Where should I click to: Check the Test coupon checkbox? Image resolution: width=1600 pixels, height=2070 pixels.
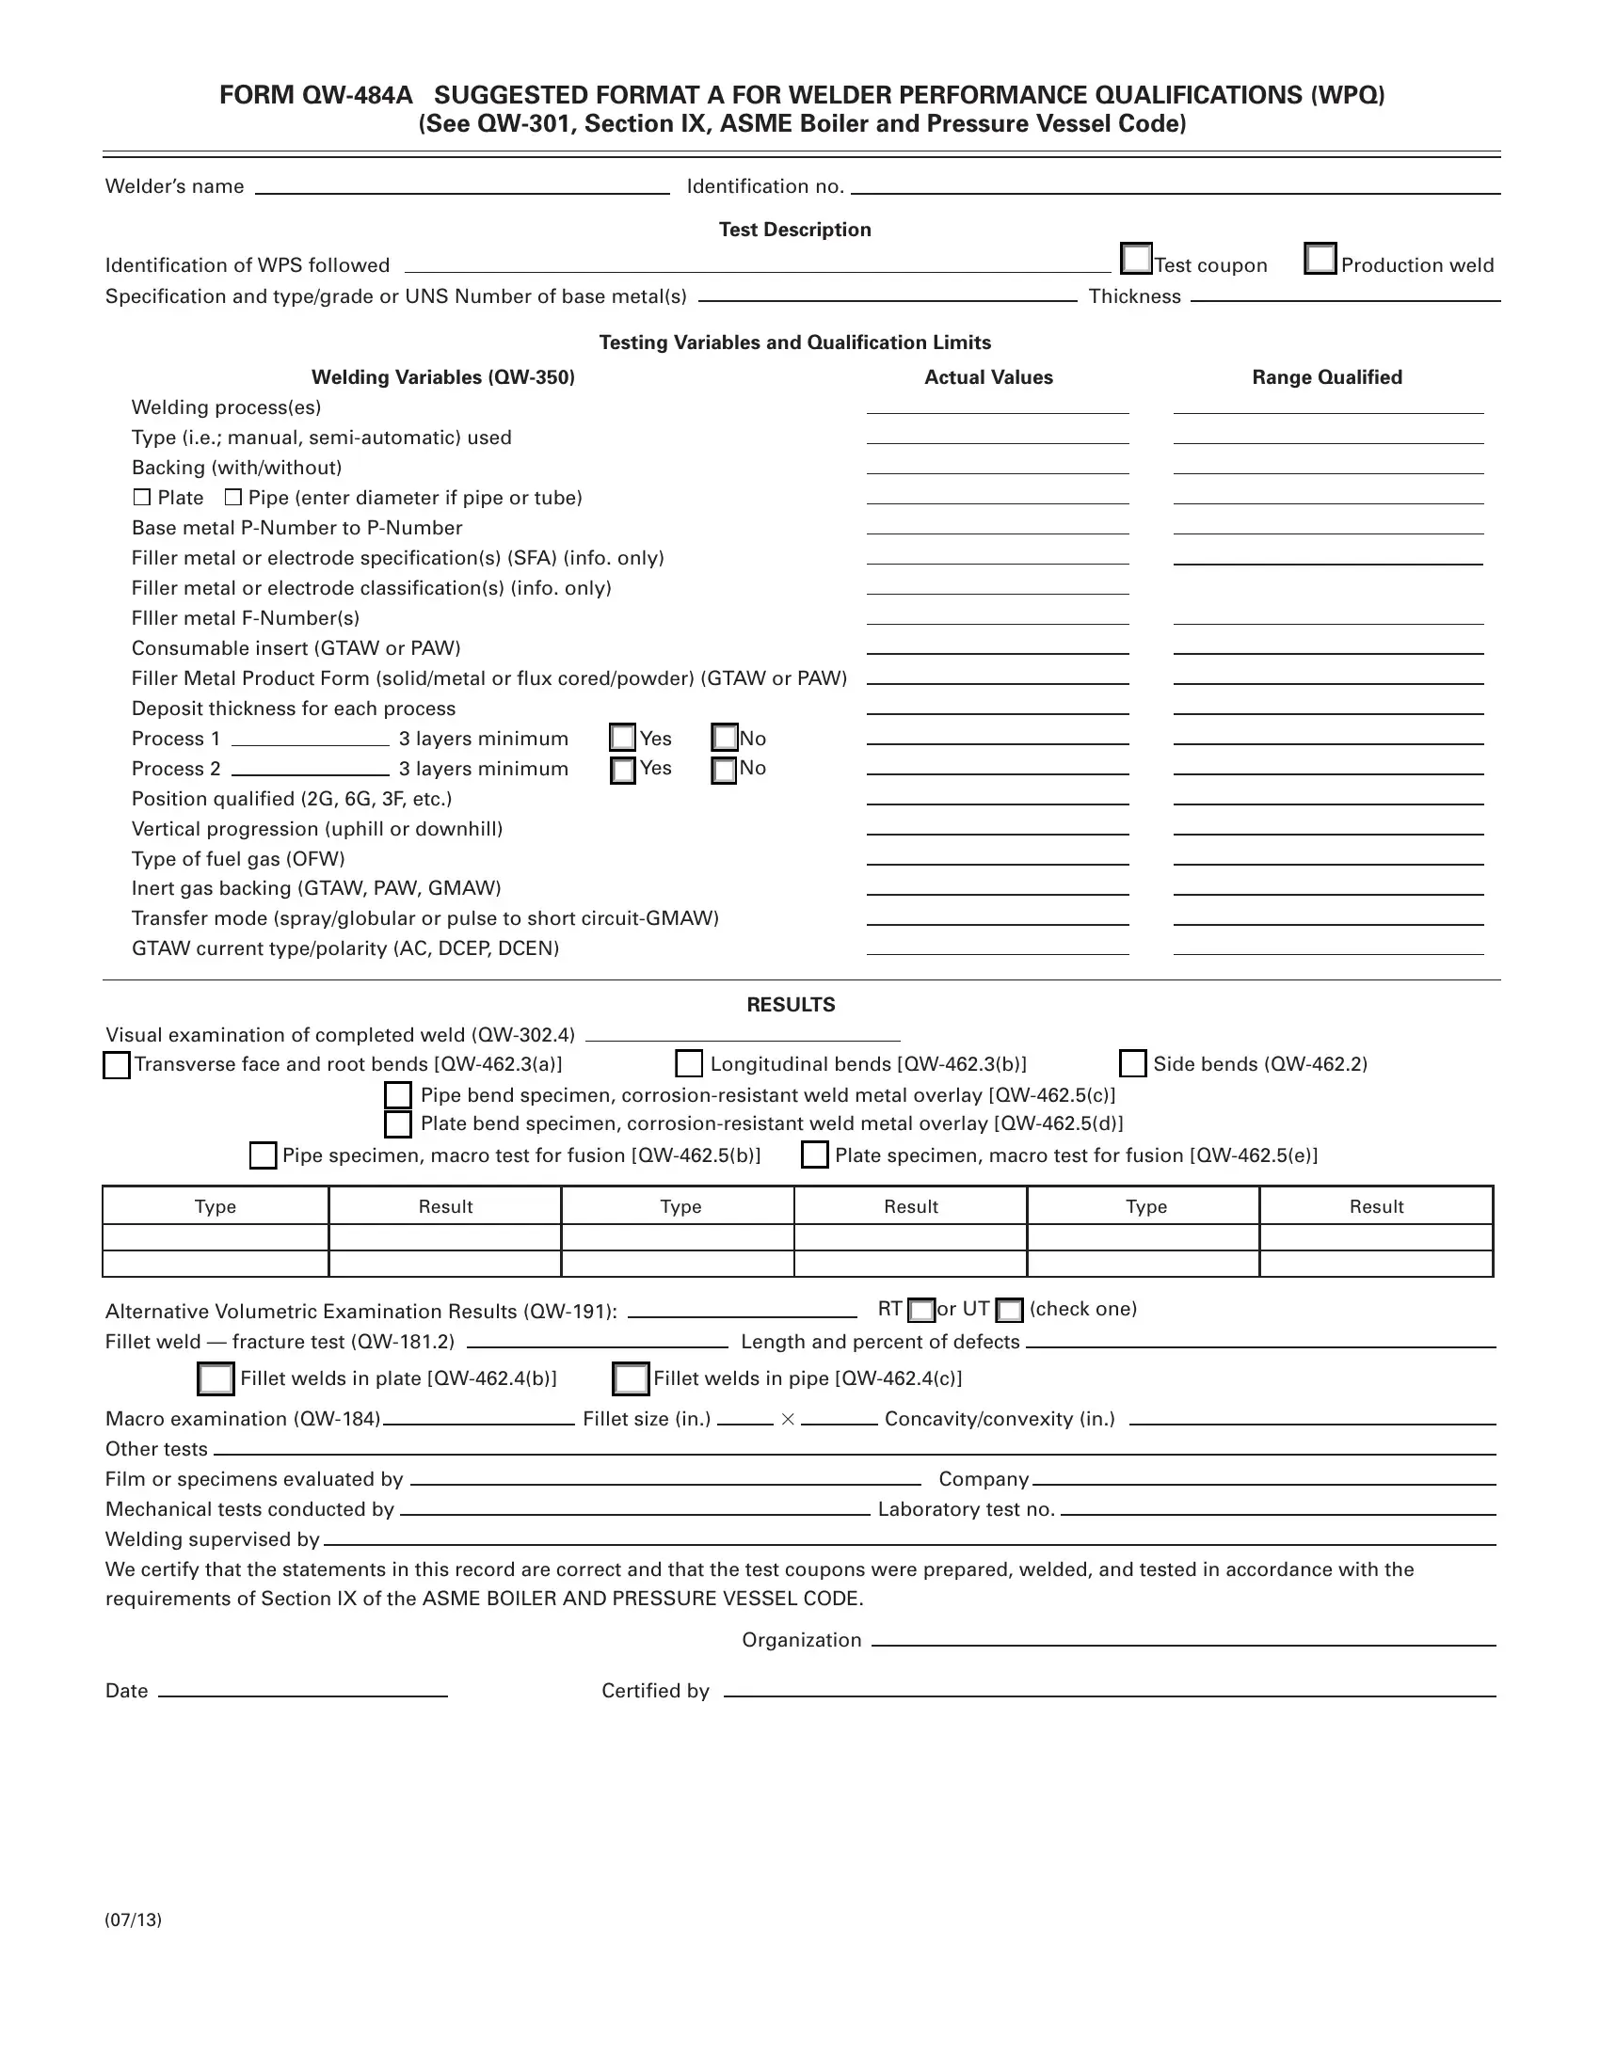pos(1136,258)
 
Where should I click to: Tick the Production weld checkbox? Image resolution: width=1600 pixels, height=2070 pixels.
pos(1320,258)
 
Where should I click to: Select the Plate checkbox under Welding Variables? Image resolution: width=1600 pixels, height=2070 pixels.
pos(142,498)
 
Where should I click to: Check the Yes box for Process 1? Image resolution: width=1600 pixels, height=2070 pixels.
pos(623,738)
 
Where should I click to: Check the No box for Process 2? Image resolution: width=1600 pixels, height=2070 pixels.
pos(724,770)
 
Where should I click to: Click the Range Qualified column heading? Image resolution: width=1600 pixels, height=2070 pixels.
pos(1326,377)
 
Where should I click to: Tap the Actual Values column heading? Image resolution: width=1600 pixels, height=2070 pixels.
pos(987,377)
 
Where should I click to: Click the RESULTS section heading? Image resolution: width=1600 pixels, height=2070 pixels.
pos(791,1005)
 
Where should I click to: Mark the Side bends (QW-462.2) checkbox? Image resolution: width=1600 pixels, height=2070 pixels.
pos(1132,1063)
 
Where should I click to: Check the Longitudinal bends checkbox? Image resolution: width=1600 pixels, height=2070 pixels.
pos(689,1063)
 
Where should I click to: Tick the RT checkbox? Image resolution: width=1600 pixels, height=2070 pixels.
pos(921,1311)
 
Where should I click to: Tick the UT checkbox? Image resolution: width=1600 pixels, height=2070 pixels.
pos(1011,1311)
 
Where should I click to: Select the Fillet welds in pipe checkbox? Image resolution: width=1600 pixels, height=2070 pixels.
pos(632,1379)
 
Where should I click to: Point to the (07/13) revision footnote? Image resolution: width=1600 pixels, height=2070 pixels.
pos(134,1920)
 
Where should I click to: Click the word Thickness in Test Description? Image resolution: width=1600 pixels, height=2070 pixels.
pos(1135,296)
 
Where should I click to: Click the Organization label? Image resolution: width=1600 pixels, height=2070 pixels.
pos(801,1641)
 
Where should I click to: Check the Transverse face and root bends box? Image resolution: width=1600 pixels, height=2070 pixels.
pos(117,1065)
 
